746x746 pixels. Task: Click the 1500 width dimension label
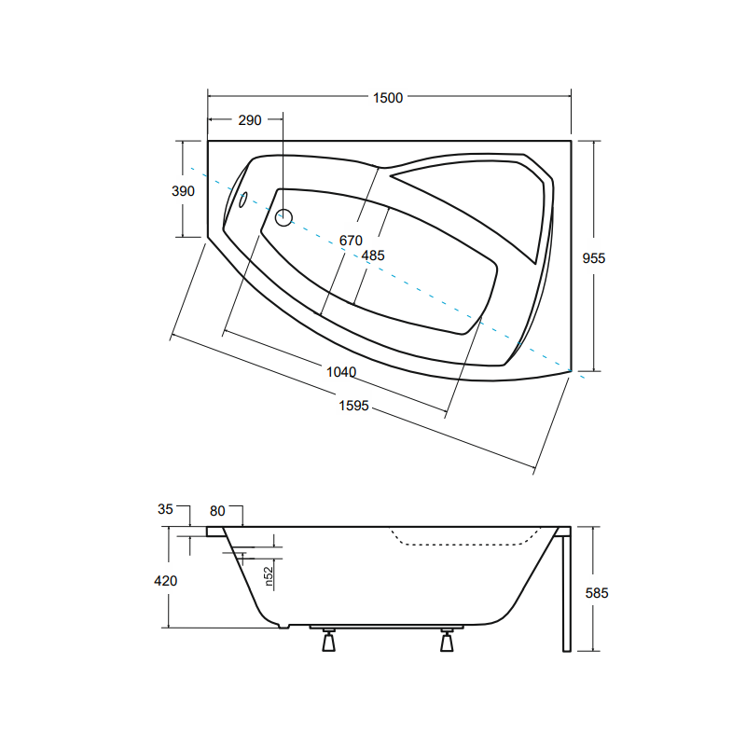point(388,98)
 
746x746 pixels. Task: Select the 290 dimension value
point(250,120)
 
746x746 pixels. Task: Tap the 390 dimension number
point(183,191)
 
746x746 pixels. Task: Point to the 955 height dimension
point(594,258)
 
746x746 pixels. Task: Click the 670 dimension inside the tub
point(351,241)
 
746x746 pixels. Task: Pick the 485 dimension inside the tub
point(372,256)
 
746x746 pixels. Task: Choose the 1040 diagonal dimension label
point(341,372)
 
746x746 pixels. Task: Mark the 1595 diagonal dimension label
point(353,406)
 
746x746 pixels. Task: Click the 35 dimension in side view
point(165,509)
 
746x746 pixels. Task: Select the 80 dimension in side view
point(217,511)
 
